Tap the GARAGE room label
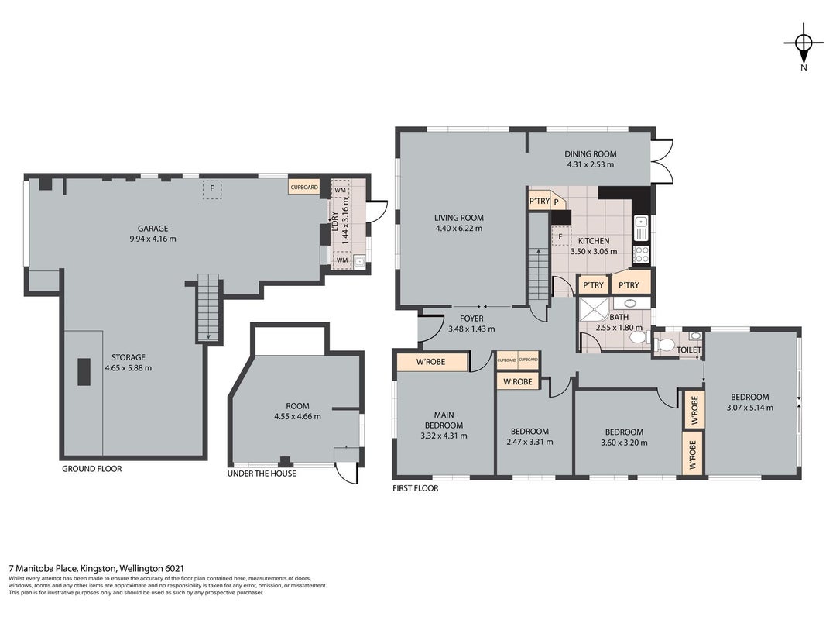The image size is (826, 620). (x=153, y=229)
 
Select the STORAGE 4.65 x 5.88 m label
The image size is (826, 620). (x=128, y=363)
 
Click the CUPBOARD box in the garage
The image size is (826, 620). (x=304, y=187)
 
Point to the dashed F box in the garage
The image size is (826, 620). (x=212, y=189)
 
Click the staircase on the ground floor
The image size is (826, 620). (x=208, y=308)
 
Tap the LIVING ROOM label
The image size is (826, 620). (x=459, y=218)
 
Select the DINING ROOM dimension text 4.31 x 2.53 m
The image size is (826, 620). (x=590, y=164)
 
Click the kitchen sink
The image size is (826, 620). (x=641, y=228)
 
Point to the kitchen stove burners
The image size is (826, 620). (x=641, y=255)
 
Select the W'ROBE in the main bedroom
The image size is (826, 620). (x=432, y=362)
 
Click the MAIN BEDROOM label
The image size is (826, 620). (x=444, y=420)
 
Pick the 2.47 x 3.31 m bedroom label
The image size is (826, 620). (x=530, y=442)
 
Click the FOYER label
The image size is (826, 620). (x=471, y=319)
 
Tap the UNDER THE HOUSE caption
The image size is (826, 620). (x=262, y=474)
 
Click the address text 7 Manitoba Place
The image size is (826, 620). (x=43, y=568)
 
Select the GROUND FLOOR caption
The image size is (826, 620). (x=91, y=469)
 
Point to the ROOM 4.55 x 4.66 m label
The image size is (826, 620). (x=297, y=412)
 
